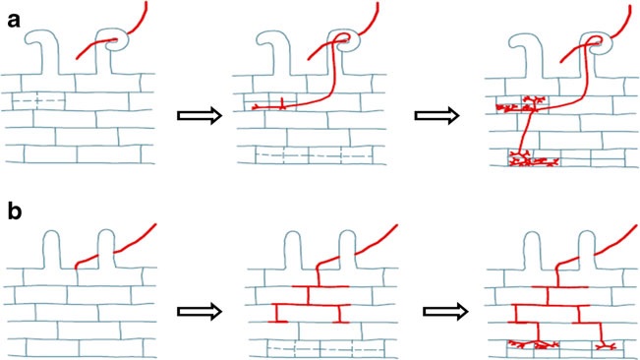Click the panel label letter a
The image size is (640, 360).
pos(14,20)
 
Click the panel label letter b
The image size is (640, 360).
pos(15,211)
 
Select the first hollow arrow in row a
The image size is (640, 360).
pos(200,115)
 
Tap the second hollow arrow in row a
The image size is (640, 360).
pos(436,115)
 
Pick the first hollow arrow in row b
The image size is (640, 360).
pos(200,312)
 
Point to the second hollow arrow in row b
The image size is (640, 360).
pos(445,312)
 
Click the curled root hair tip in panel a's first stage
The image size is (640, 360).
pos(117,39)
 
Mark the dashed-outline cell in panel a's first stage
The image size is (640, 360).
pos(38,100)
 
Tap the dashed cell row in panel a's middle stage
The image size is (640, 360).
pos(315,155)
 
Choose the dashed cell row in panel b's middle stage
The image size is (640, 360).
pos(325,349)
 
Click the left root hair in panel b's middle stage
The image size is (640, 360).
pos(294,249)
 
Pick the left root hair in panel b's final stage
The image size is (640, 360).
pos(534,249)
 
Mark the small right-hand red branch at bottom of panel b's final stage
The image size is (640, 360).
pos(606,345)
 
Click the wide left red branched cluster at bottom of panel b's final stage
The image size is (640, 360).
pos(533,345)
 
